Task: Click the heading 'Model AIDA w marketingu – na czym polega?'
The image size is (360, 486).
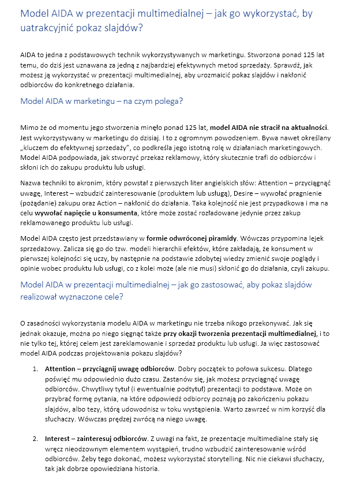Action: (x=102, y=101)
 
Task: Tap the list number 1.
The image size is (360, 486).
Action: (x=35, y=368)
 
